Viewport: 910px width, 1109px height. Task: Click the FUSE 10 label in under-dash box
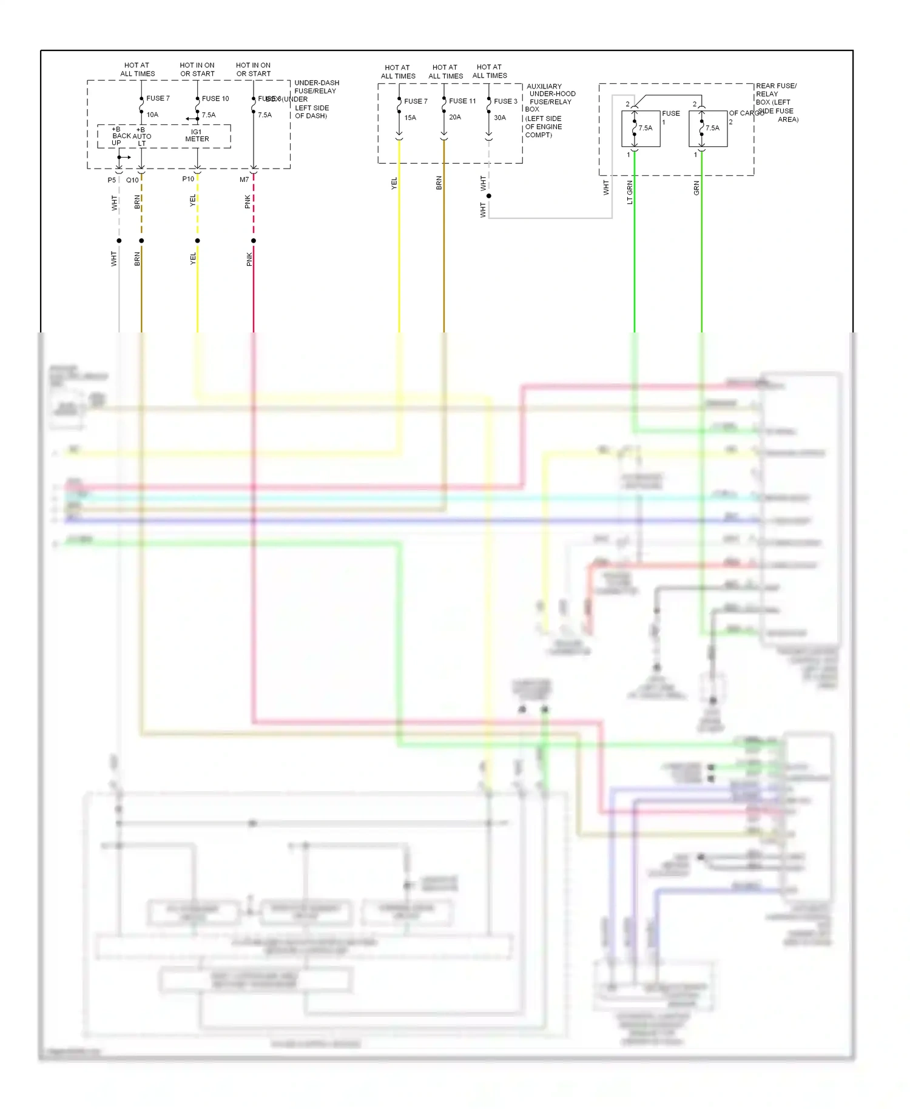click(x=215, y=98)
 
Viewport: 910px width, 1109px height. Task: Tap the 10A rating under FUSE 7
click(x=152, y=115)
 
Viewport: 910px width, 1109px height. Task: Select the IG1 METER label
click(x=197, y=135)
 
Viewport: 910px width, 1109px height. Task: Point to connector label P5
click(x=112, y=180)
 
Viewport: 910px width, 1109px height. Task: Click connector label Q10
click(x=132, y=180)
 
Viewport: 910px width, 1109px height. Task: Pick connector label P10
click(x=188, y=179)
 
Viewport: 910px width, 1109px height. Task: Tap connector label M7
click(x=244, y=180)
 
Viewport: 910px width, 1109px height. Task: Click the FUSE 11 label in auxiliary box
click(x=462, y=101)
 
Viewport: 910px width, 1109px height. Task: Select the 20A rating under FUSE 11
click(x=455, y=117)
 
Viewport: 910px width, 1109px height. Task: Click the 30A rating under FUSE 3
click(x=500, y=118)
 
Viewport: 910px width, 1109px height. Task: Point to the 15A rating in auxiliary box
click(x=410, y=118)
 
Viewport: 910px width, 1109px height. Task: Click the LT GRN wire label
click(x=630, y=192)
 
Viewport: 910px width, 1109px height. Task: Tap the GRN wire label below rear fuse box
click(x=696, y=188)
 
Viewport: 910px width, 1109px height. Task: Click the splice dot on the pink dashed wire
click(x=254, y=241)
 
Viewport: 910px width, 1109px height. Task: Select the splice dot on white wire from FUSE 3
click(x=489, y=196)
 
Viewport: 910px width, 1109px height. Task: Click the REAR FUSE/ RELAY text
click(x=776, y=90)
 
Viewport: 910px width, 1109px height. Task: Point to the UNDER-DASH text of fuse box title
click(x=317, y=83)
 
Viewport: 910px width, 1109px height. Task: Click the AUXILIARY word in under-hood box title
click(x=544, y=86)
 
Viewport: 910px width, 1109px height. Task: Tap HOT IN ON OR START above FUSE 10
click(x=197, y=69)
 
